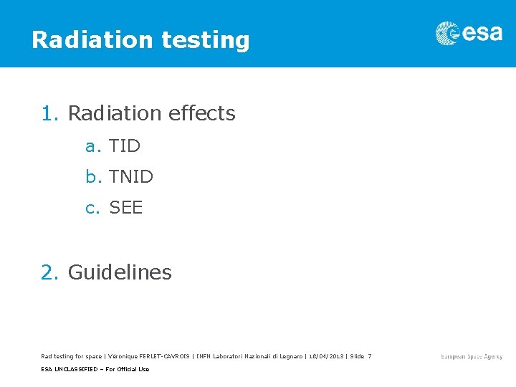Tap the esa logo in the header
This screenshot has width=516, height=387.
(469, 34)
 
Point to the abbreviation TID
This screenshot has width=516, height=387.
(125, 146)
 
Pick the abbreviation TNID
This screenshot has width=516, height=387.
(131, 176)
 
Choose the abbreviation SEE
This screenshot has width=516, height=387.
(126, 208)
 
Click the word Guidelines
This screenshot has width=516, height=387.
(120, 272)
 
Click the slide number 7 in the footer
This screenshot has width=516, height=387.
(369, 356)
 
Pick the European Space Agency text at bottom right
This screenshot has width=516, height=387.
(472, 356)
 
